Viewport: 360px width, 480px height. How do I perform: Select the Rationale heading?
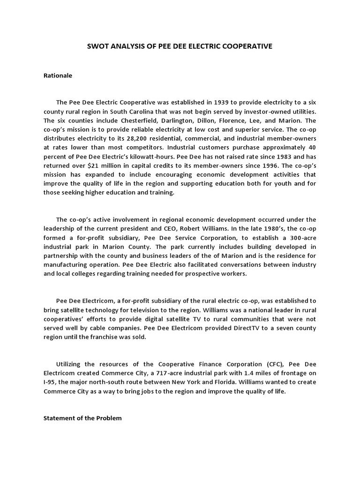[x=58, y=75]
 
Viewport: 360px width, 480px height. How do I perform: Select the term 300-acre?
[x=302, y=238]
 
